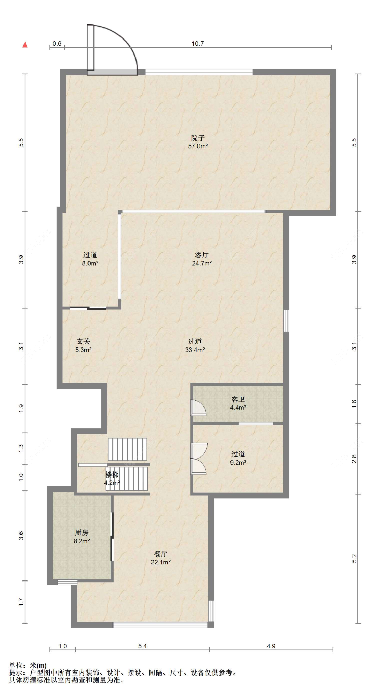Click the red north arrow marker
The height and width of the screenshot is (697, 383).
coord(25,45)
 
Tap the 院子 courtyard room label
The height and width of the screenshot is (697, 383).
coord(198,138)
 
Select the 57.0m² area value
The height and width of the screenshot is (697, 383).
coord(198,146)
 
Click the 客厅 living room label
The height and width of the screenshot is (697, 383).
coord(202,255)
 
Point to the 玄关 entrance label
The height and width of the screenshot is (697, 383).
coord(83,341)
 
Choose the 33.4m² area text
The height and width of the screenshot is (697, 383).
coord(195,350)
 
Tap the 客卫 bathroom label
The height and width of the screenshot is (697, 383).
coord(238,399)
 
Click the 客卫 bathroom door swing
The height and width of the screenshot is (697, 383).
coord(198,407)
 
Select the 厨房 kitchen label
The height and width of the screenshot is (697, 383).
coord(82,533)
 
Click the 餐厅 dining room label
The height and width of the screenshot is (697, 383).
coord(161,554)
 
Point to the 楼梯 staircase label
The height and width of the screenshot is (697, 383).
coord(112,475)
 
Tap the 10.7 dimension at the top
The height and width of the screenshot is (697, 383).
coord(198,44)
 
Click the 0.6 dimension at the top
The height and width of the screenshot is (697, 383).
coord(57,44)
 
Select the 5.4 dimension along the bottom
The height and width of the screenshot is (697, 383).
coord(142,646)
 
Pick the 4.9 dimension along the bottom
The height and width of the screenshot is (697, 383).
coord(271,646)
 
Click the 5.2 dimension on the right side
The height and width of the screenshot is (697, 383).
coord(354,559)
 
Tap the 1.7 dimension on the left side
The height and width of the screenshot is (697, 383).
coord(21,602)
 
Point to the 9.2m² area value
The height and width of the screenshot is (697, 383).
coord(238,463)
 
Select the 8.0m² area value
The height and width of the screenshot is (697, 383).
coord(90,263)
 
